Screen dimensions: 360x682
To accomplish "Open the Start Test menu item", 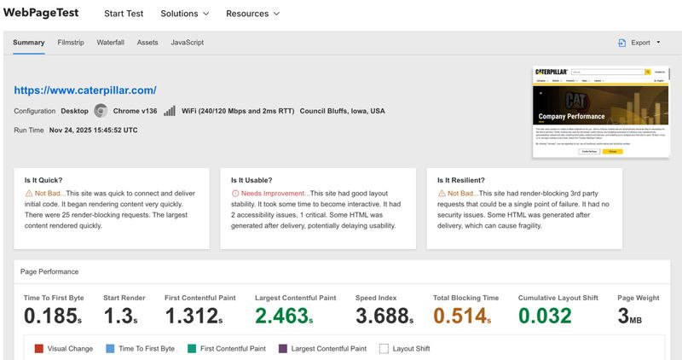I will tap(124, 15).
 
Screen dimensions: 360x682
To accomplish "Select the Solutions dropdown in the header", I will tap(184, 15).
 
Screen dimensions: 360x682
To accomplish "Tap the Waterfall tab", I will tap(111, 43).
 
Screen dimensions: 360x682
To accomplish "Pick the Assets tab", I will tap(147, 43).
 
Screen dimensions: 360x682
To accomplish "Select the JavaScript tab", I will tap(187, 43).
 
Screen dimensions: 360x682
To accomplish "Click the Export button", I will tap(639, 43).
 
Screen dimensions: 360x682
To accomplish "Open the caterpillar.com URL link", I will tap(85, 90).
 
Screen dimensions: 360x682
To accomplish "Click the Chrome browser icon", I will tap(101, 111).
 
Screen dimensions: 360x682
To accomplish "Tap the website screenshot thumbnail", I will tap(599, 111).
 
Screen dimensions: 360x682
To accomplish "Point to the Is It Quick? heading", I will tap(43, 181).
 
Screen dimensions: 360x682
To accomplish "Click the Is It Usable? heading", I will tap(250, 181).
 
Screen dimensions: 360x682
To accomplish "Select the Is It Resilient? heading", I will tap(460, 181).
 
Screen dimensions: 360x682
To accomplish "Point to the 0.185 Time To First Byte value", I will tap(49, 316).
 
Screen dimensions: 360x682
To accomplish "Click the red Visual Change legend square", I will tap(39, 349).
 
